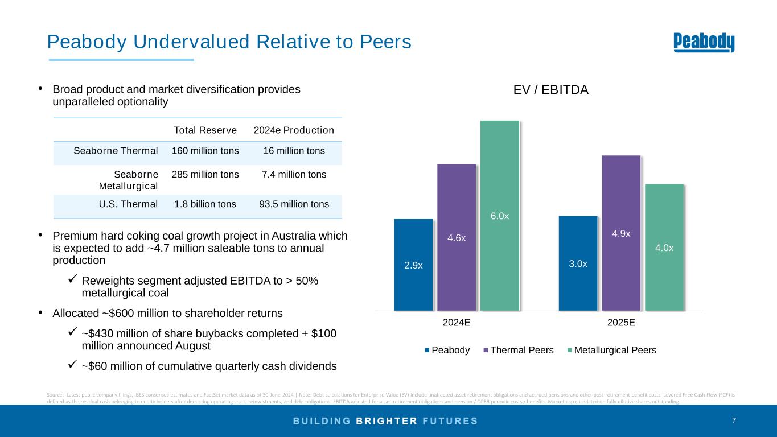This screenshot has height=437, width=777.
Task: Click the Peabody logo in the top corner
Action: click(x=704, y=43)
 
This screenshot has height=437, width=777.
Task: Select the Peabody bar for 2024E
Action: click(x=413, y=265)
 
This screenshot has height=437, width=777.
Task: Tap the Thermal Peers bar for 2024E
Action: click(x=457, y=237)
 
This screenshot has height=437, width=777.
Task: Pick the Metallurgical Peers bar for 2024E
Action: click(x=500, y=216)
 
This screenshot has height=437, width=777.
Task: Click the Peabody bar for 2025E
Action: click(x=578, y=263)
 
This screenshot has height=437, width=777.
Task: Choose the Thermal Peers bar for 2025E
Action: click(x=621, y=233)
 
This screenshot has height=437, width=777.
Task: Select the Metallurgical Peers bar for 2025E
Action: click(x=664, y=248)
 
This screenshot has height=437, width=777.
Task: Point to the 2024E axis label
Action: click(x=457, y=321)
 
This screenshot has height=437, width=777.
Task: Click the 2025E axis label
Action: click(x=622, y=321)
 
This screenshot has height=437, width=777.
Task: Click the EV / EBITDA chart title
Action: click(x=550, y=90)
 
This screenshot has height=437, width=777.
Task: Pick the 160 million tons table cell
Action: click(x=205, y=151)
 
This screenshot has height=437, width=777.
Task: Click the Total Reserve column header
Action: click(x=205, y=130)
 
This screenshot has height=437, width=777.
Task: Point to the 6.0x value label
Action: click(x=500, y=216)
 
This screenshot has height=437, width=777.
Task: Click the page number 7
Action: click(x=734, y=420)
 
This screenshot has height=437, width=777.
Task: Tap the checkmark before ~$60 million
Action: click(x=72, y=365)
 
